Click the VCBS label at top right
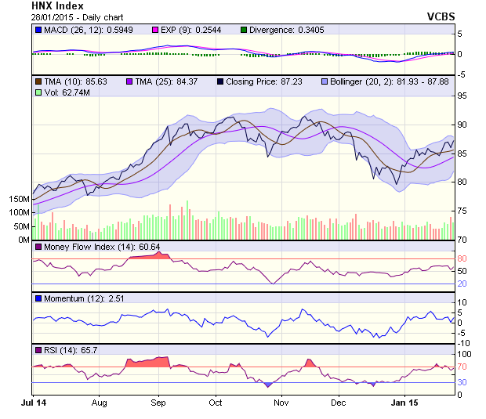point(441,16)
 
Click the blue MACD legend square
point(38,30)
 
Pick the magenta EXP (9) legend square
point(155,30)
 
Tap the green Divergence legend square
point(245,30)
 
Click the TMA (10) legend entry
point(63,81)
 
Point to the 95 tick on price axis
point(463,96)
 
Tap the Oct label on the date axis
point(216,403)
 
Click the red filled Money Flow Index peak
point(150,255)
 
